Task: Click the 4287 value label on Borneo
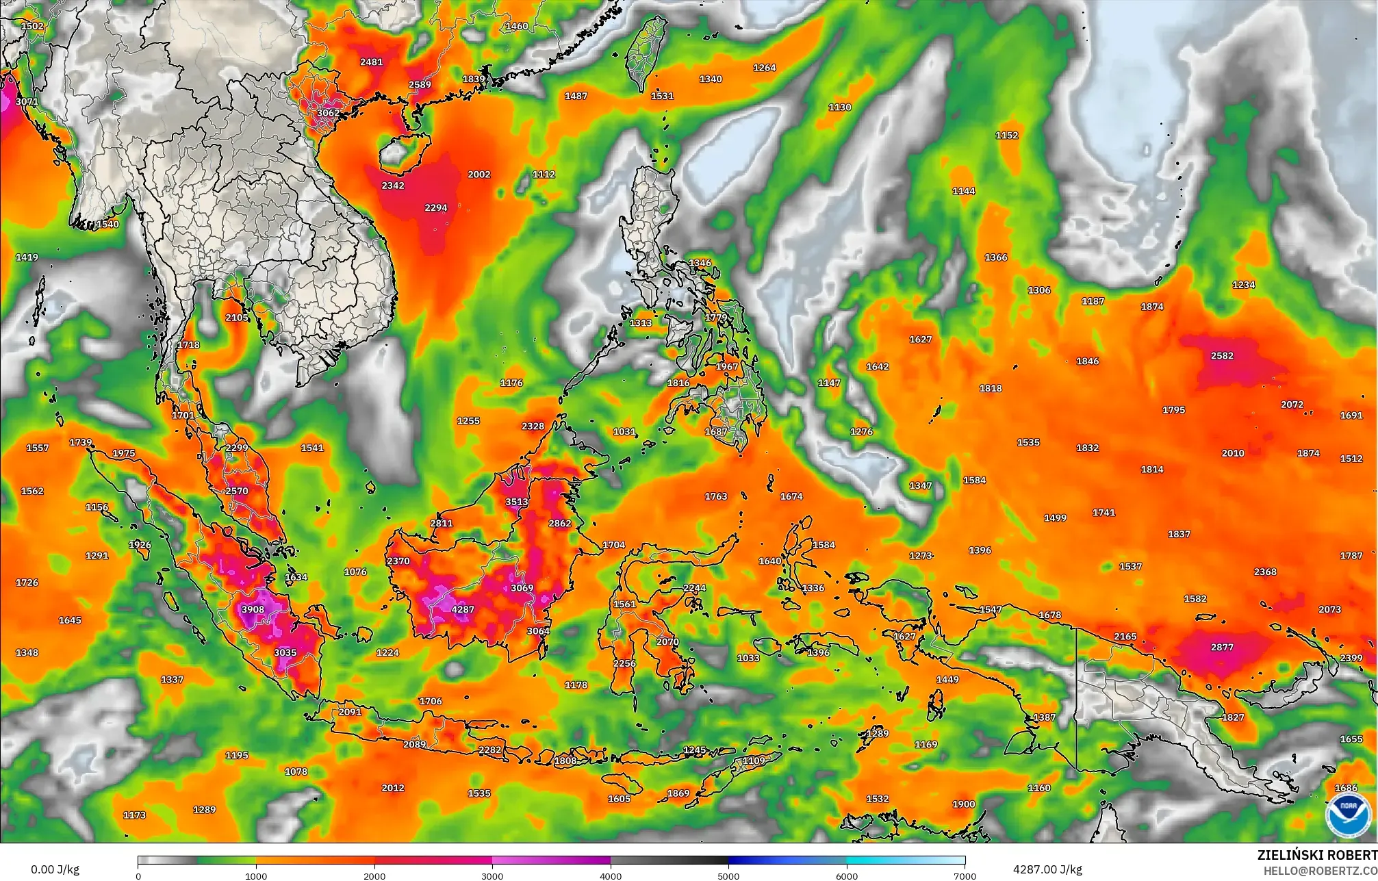point(463,609)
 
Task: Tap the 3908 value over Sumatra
point(253,609)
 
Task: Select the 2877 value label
point(1222,647)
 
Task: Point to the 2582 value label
point(1222,356)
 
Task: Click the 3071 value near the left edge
point(27,101)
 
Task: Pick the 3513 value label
point(517,502)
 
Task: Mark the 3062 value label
point(328,113)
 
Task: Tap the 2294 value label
point(436,207)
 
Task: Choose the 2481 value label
point(371,62)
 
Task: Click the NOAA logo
point(1348,815)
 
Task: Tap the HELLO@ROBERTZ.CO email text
point(1320,871)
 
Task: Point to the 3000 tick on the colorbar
point(492,876)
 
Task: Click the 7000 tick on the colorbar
point(965,876)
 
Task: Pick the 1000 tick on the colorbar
point(256,876)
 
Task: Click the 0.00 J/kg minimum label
point(55,869)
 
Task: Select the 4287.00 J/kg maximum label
point(1047,869)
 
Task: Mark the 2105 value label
point(237,318)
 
